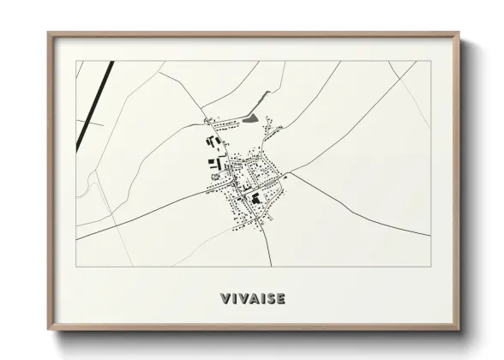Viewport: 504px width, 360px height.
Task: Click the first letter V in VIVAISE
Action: [x=225, y=299]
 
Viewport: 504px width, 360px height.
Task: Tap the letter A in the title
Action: [x=253, y=299]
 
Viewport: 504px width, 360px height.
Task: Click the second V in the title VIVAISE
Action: [x=243, y=299]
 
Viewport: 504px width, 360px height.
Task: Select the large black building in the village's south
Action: [x=255, y=200]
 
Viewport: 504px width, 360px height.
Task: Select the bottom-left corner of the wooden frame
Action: [x=48, y=331]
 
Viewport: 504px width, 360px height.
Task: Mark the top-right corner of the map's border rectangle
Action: [x=429, y=61]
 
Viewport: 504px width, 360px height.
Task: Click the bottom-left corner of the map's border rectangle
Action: [x=76, y=266]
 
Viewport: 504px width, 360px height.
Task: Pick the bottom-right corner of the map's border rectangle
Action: [x=429, y=266]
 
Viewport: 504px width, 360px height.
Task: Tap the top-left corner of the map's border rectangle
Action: [x=76, y=61]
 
